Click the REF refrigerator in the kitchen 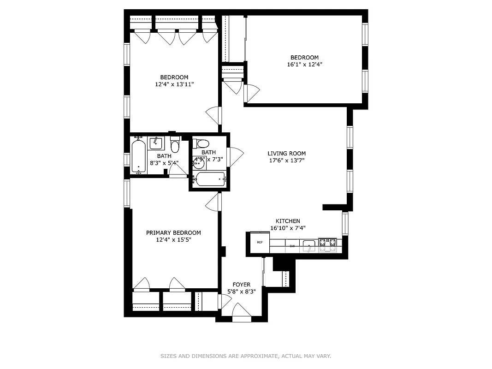pyautogui.click(x=260, y=243)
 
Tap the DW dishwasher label pyautogui.click(x=292, y=246)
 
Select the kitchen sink pyautogui.click(x=309, y=244)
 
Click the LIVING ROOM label pyautogui.click(x=286, y=154)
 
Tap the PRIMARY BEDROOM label pyautogui.click(x=173, y=233)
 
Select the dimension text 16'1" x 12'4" pyautogui.click(x=304, y=65)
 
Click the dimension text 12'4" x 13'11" pyautogui.click(x=174, y=84)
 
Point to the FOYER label pyautogui.click(x=241, y=285)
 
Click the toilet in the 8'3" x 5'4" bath pyautogui.click(x=175, y=146)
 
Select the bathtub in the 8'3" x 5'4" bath pyautogui.click(x=138, y=156)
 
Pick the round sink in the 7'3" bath pyautogui.click(x=198, y=163)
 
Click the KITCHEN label pyautogui.click(x=288, y=221)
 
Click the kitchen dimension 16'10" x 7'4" pyautogui.click(x=288, y=228)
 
